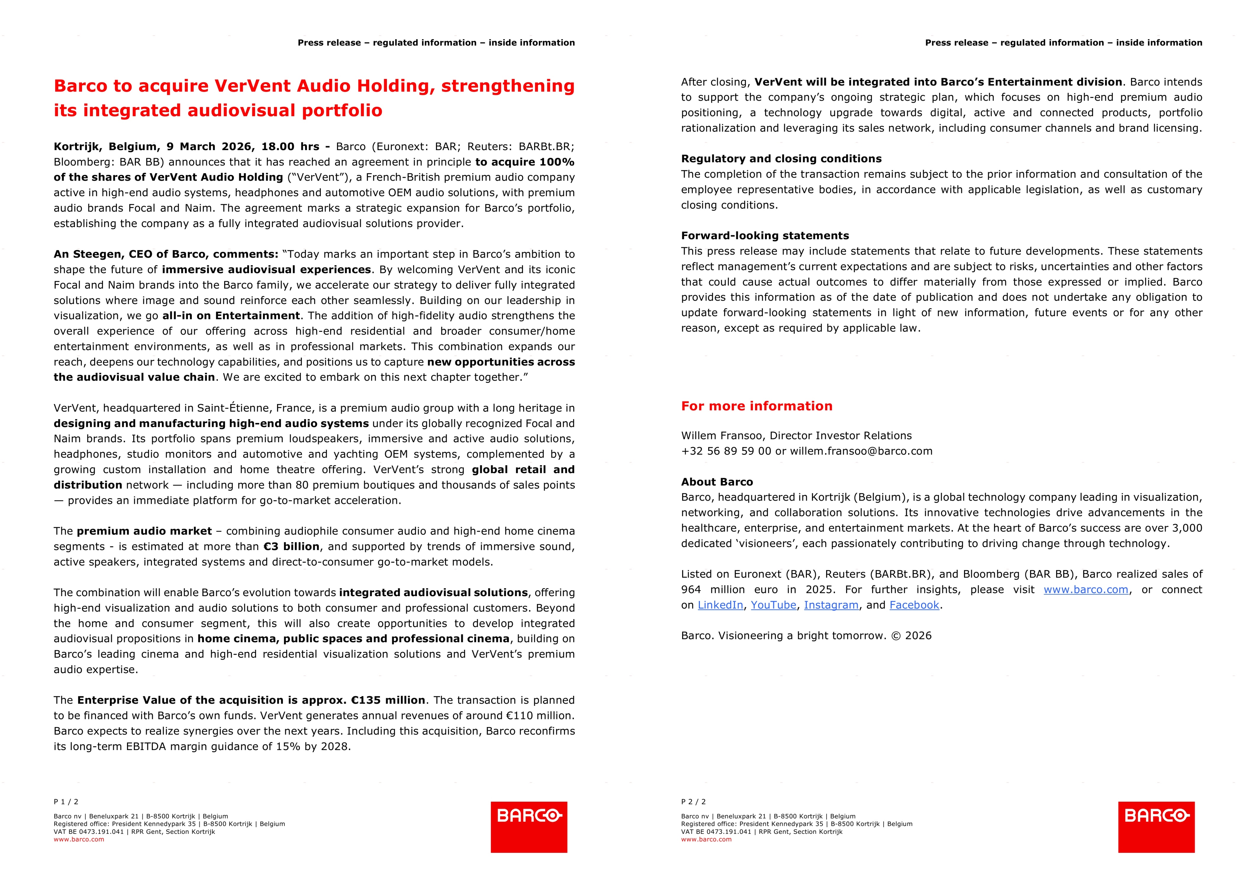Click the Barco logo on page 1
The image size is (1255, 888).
point(529,827)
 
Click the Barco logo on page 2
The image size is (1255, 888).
point(1156,827)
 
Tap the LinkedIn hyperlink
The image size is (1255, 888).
point(720,605)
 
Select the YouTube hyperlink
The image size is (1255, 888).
point(773,605)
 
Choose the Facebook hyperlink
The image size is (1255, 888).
point(914,605)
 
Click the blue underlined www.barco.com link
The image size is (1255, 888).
point(1085,589)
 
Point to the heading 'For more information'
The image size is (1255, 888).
point(756,406)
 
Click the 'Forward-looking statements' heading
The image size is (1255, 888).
point(765,236)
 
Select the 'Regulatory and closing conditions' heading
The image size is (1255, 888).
point(781,159)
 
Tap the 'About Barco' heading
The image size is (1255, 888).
point(716,482)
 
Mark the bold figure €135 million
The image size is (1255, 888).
point(388,700)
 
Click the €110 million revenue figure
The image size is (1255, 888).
point(539,715)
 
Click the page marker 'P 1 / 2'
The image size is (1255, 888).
point(66,802)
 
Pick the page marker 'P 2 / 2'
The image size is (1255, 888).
point(693,802)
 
